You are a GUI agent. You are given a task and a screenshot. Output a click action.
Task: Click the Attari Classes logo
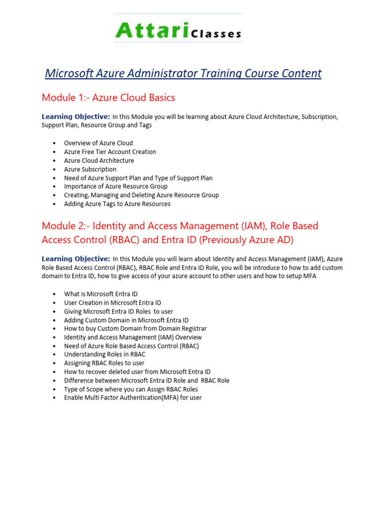pyautogui.click(x=178, y=29)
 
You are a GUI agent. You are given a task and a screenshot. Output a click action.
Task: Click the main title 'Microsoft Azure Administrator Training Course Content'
pyautogui.click(x=183, y=74)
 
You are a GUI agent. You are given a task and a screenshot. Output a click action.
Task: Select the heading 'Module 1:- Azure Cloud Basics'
pyautogui.click(x=108, y=98)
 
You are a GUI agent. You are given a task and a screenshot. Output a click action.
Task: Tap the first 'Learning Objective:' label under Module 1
pyautogui.click(x=76, y=117)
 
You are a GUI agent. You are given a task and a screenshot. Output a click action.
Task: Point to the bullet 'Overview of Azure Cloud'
pyautogui.click(x=98, y=143)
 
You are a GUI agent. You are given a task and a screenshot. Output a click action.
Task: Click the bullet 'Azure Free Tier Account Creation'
pyautogui.click(x=110, y=152)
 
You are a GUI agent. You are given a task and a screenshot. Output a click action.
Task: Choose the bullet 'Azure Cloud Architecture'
pyautogui.click(x=99, y=160)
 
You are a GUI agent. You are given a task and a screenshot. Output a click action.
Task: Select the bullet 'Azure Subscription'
pyautogui.click(x=90, y=169)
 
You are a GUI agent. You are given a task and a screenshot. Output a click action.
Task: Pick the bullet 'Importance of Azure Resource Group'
pyautogui.click(x=116, y=186)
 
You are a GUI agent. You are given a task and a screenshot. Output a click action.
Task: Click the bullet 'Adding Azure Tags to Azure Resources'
pyautogui.click(x=117, y=204)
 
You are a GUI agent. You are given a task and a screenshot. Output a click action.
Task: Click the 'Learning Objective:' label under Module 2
pyautogui.click(x=76, y=259)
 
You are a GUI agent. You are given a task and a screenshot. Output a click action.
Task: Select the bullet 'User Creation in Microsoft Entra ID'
pyautogui.click(x=112, y=303)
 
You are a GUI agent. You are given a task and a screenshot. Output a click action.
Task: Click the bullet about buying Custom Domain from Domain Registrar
pyautogui.click(x=135, y=329)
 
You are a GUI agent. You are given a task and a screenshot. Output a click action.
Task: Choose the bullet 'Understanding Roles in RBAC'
pyautogui.click(x=104, y=354)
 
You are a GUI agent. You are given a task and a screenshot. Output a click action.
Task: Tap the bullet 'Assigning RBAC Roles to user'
pyautogui.click(x=104, y=363)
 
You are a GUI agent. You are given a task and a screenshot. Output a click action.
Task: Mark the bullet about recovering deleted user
pyautogui.click(x=137, y=372)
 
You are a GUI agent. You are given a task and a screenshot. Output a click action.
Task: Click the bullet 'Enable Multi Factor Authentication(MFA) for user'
pyautogui.click(x=133, y=397)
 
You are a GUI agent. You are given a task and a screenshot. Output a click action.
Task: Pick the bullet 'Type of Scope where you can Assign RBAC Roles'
pyautogui.click(x=131, y=389)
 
